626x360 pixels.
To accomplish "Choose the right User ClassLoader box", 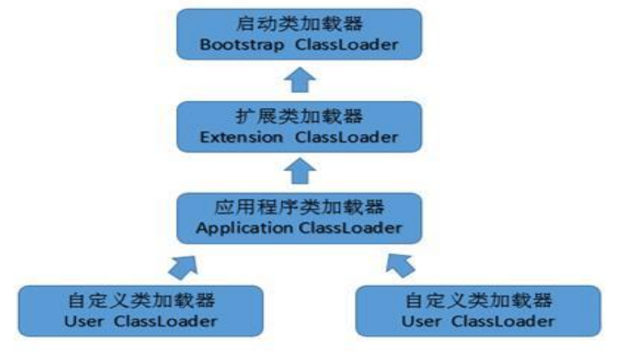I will [478, 311].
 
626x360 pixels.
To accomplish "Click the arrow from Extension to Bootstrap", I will [299, 80].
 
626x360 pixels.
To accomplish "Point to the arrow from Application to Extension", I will [299, 171].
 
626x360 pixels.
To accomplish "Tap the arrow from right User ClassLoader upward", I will [400, 264].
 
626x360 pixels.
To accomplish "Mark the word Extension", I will [241, 137].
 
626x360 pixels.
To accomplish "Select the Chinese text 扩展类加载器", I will [299, 115].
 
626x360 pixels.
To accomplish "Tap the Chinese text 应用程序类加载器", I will [299, 207].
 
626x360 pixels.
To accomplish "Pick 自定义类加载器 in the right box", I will [478, 300].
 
